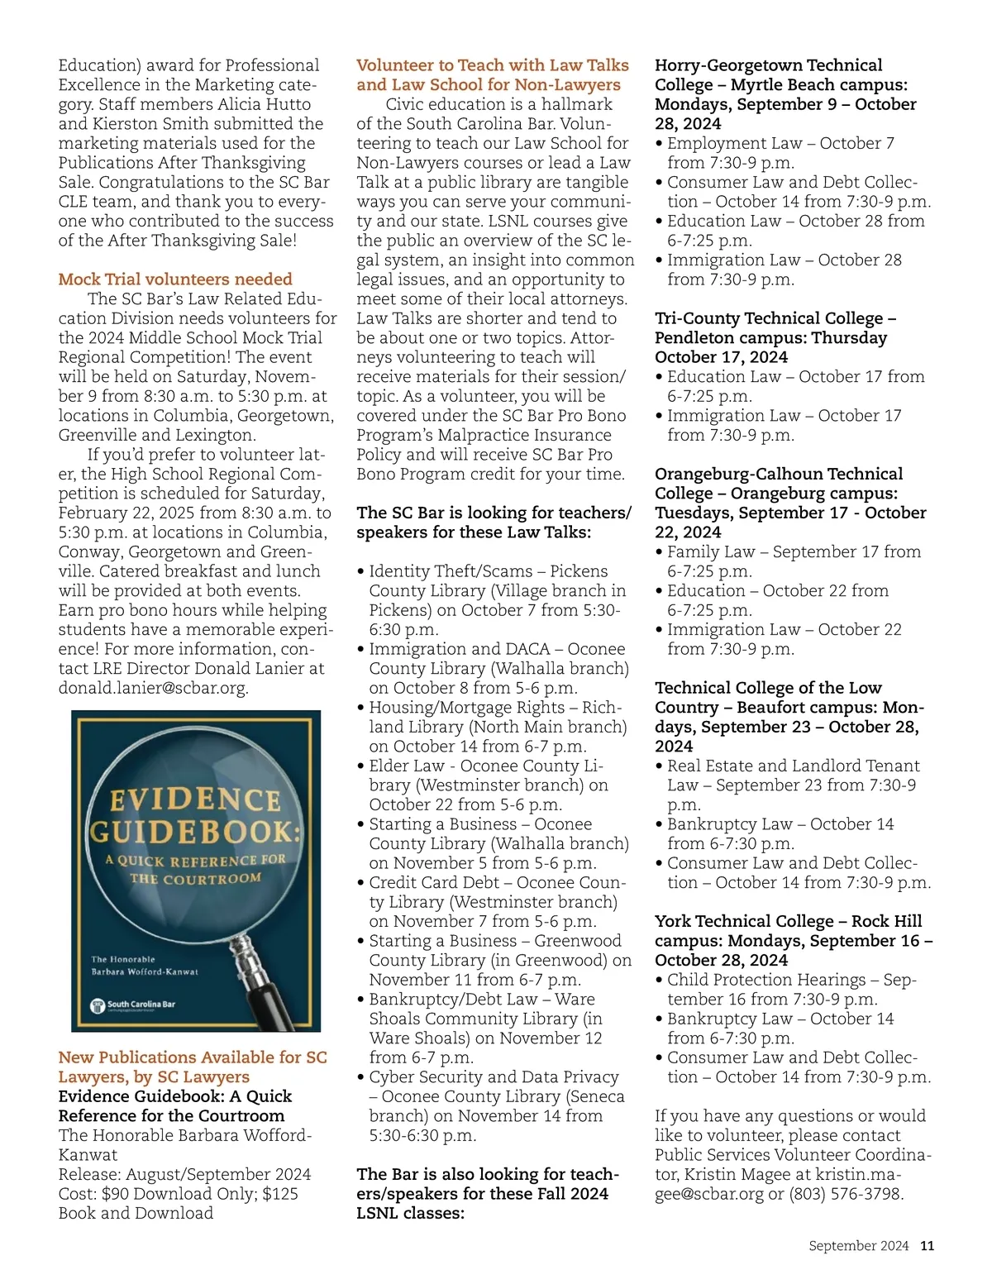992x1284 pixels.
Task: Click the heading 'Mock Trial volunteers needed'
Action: click(175, 279)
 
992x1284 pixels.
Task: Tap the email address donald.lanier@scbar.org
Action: click(153, 688)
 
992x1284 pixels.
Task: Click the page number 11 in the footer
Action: click(928, 1246)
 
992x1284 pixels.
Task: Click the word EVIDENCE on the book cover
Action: click(196, 800)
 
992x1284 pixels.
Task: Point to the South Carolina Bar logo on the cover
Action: click(133, 1005)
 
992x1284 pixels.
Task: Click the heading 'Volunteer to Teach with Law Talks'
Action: click(493, 65)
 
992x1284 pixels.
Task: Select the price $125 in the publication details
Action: click(280, 1194)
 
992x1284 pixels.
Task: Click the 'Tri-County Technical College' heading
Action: click(775, 318)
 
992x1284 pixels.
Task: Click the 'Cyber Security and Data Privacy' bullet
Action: click(494, 1076)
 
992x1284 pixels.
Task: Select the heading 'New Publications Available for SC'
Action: click(193, 1057)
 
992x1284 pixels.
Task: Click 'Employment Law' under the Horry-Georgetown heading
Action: click(734, 143)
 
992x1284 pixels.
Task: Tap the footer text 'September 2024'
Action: click(858, 1246)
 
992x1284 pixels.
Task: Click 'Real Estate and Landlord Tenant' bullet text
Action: click(793, 766)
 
